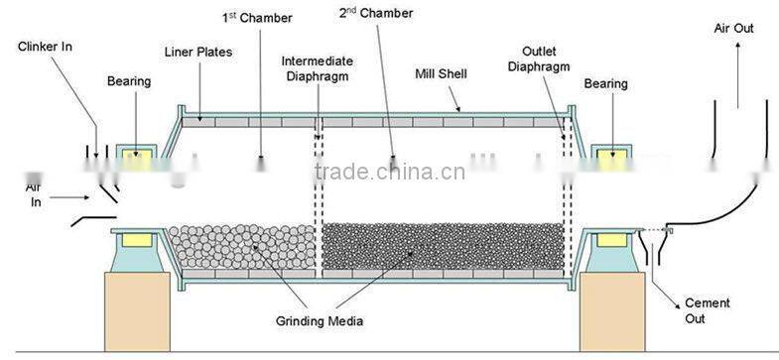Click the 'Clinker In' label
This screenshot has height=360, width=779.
(x=46, y=47)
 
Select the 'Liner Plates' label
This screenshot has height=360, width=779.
(x=198, y=51)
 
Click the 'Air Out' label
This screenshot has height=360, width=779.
(x=734, y=29)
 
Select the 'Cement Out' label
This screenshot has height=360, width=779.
(x=709, y=310)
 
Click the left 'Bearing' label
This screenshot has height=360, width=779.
(x=129, y=81)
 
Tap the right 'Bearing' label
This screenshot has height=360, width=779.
(x=606, y=84)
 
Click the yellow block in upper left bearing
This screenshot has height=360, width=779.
(x=136, y=156)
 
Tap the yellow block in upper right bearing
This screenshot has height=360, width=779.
(x=608, y=156)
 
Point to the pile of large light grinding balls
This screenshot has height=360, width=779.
(x=240, y=248)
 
